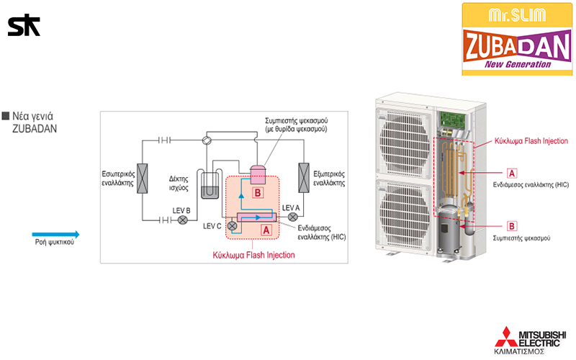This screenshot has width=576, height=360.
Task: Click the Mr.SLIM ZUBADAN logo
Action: (x=517, y=39)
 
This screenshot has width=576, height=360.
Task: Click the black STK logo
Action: (x=24, y=26)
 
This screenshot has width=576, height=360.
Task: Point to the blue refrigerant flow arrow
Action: (x=55, y=233)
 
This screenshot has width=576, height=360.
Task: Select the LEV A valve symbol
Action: (x=292, y=217)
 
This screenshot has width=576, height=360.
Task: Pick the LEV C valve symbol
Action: (x=232, y=225)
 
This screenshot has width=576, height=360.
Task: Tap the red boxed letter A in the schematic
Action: (x=266, y=230)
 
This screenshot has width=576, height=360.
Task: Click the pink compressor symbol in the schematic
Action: (x=258, y=174)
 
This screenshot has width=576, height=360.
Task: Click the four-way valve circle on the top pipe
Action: (x=206, y=140)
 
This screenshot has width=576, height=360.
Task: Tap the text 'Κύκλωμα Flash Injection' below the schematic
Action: (x=253, y=255)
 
